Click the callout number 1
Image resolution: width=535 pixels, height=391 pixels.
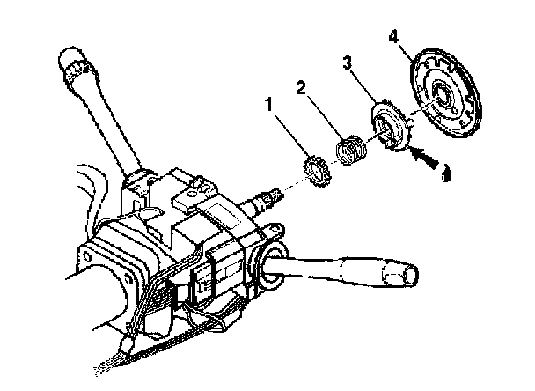tap(269, 105)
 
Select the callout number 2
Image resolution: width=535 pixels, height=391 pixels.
tap(301, 88)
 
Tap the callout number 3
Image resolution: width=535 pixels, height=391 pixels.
tap(347, 63)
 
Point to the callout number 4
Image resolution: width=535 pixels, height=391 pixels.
tap(393, 37)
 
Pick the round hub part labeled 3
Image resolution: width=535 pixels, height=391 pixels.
tap(391, 125)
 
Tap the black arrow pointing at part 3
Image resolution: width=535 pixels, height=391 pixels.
tap(422, 156)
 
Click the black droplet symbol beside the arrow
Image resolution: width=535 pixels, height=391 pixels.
tap(446, 173)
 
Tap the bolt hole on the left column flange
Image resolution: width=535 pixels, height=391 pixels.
tap(86, 256)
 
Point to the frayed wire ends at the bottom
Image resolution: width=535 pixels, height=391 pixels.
tap(106, 367)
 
